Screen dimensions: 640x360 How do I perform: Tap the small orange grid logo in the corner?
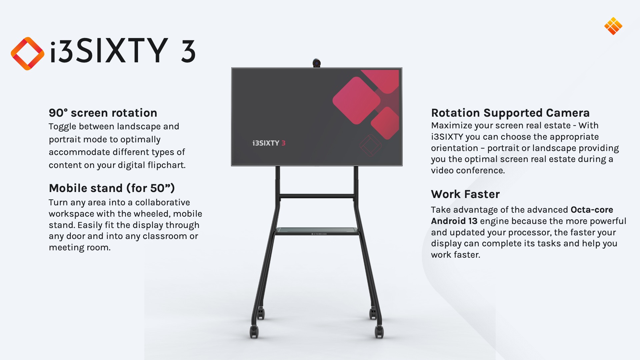613,26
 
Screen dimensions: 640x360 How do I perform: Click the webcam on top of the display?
316,63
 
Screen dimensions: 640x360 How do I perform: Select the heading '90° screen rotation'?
103,113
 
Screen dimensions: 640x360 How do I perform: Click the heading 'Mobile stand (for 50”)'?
112,188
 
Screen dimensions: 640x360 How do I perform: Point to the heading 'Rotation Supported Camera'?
510,113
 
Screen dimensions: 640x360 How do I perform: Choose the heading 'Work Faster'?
465,194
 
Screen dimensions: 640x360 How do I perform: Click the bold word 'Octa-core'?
592,210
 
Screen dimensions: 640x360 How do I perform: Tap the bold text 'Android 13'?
454,221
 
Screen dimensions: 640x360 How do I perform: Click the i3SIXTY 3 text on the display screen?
269,143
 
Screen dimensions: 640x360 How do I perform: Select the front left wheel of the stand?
254,332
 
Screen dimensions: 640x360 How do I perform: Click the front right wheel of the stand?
379,332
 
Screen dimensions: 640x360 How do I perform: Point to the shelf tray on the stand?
317,231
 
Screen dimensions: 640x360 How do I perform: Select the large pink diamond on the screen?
356,100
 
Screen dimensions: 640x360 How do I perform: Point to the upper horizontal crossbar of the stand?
317,196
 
